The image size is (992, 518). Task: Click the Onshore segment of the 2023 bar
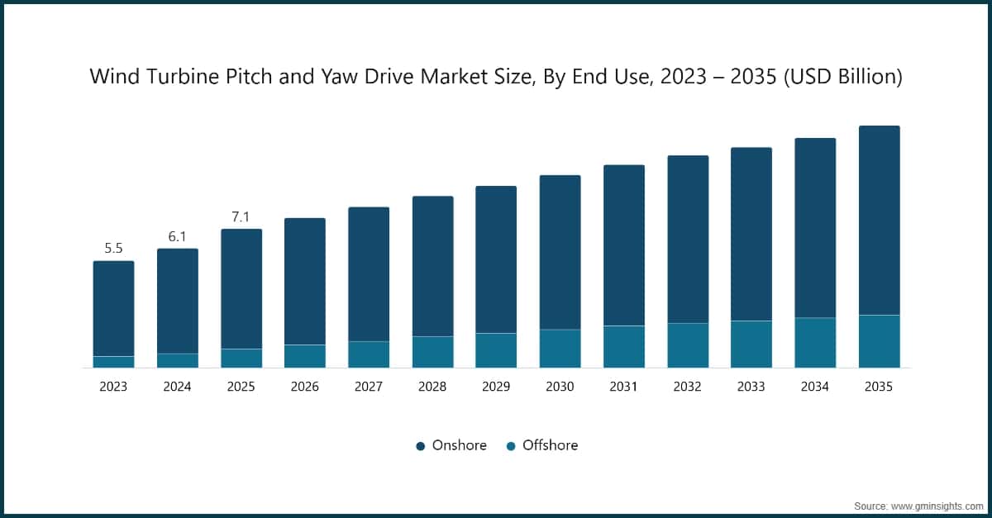pos(113,308)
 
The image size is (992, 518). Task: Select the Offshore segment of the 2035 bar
pos(879,341)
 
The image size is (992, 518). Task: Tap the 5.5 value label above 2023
pos(113,248)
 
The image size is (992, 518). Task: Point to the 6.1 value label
pos(178,236)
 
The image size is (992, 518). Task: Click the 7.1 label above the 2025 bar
pos(241,216)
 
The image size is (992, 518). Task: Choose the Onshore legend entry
pos(451,445)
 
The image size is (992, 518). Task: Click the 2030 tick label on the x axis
pos(560,387)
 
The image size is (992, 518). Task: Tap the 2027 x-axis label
pos(369,387)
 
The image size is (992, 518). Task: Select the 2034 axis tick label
pos(815,387)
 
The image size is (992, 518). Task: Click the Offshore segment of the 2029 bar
pos(496,350)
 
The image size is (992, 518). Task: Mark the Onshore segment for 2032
pos(688,240)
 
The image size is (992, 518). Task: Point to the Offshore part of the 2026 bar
pos(305,356)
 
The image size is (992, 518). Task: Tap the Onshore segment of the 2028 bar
pos(432,266)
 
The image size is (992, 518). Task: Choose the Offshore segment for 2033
pos(751,344)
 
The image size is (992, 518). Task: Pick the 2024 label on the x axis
pos(177,387)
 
